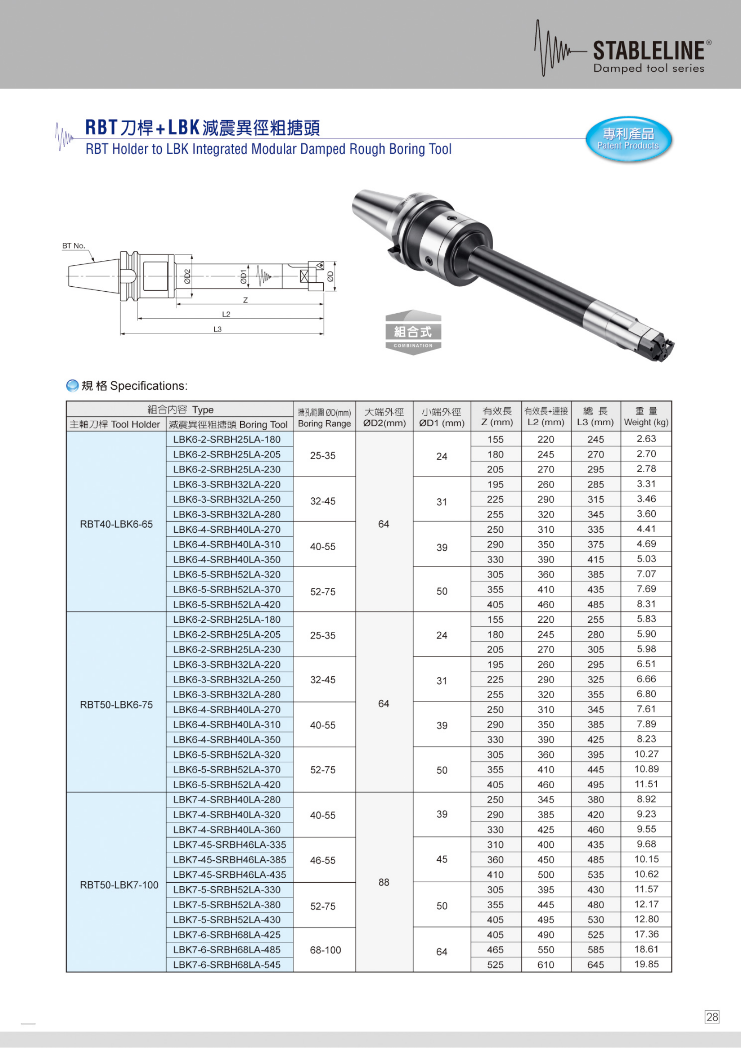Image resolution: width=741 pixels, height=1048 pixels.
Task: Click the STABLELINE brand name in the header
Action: (x=648, y=51)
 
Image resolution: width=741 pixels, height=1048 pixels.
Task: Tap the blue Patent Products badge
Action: (x=628, y=139)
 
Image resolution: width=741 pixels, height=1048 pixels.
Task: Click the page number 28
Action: (x=712, y=1017)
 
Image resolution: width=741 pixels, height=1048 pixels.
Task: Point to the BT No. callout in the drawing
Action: (x=74, y=246)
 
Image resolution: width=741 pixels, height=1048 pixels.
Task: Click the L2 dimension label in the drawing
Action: (x=226, y=314)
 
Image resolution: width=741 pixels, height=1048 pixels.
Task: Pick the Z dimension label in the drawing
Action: (x=246, y=300)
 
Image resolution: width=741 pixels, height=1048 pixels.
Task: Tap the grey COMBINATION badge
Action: (x=413, y=333)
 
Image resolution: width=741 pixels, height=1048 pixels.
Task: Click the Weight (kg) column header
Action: (x=646, y=416)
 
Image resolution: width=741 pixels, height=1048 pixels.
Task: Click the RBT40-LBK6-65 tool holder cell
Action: (x=116, y=524)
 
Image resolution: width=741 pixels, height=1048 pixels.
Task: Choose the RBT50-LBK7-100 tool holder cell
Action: (x=119, y=885)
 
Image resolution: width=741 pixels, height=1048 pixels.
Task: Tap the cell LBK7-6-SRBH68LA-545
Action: (x=227, y=965)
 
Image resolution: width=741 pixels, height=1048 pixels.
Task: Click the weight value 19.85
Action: (x=646, y=964)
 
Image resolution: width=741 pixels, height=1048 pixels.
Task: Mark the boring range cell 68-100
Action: (x=325, y=950)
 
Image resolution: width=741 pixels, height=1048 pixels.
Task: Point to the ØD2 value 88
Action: (x=384, y=882)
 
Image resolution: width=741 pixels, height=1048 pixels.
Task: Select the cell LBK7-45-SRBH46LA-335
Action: (x=229, y=845)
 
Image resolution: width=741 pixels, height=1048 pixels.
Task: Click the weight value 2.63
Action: (x=646, y=439)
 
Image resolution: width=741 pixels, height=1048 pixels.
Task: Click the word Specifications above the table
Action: (x=148, y=386)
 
